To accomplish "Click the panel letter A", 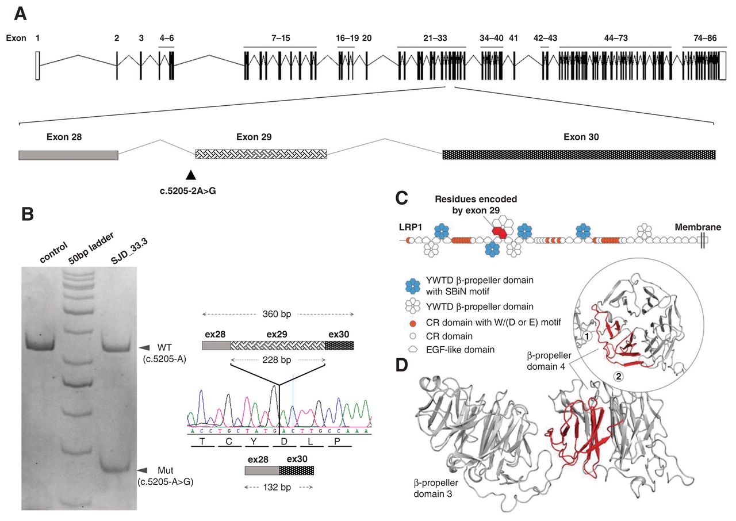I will tap(20, 13).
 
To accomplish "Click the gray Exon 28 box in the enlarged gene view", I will tap(68, 155).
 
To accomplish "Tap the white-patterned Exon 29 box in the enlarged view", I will tap(261, 154).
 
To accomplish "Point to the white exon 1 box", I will tap(37, 66).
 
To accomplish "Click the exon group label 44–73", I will tap(615, 38).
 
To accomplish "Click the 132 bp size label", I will tap(278, 487).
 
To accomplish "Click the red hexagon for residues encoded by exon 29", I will tap(499, 231).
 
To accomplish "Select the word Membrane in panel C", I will tap(698, 227).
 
